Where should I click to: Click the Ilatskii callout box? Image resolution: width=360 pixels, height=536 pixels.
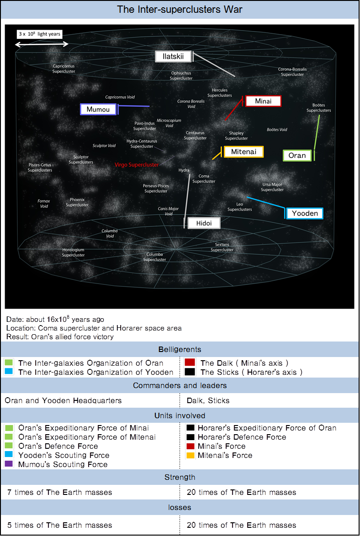pyautogui.click(x=173, y=57)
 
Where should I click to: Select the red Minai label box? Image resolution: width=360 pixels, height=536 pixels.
pyautogui.click(x=263, y=101)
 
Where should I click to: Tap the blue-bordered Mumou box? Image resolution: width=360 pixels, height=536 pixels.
pyautogui.click(x=98, y=110)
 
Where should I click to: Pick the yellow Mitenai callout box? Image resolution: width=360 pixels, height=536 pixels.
pyautogui.click(x=244, y=152)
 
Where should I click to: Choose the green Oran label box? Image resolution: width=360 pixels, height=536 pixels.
pyautogui.click(x=297, y=156)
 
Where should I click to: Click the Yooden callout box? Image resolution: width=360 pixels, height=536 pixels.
pyautogui.click(x=305, y=213)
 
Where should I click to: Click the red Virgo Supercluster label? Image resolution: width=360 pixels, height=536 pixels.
pyautogui.click(x=137, y=165)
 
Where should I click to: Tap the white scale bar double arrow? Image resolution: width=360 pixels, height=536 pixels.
pyautogui.click(x=42, y=44)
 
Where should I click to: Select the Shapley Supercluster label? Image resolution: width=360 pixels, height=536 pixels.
pyautogui.click(x=236, y=136)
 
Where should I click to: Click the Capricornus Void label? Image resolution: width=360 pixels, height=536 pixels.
pyautogui.click(x=120, y=97)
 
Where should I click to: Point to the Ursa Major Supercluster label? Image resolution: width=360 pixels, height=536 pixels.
pyautogui.click(x=272, y=187)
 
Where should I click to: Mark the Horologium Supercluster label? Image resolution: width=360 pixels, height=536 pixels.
pyautogui.click(x=74, y=252)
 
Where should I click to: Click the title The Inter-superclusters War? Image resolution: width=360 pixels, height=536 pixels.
pyautogui.click(x=180, y=9)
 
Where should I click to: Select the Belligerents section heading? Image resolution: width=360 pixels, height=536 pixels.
pyautogui.click(x=180, y=349)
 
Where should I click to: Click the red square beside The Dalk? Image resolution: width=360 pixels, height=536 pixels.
pyautogui.click(x=190, y=363)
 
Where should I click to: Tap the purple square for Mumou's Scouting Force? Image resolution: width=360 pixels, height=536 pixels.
pyautogui.click(x=9, y=464)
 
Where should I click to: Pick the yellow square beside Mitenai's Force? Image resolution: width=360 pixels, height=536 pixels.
pyautogui.click(x=190, y=455)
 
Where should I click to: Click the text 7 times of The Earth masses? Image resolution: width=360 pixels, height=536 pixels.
pyautogui.click(x=60, y=493)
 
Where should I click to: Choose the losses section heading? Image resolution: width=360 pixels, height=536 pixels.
pyautogui.click(x=180, y=507)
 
